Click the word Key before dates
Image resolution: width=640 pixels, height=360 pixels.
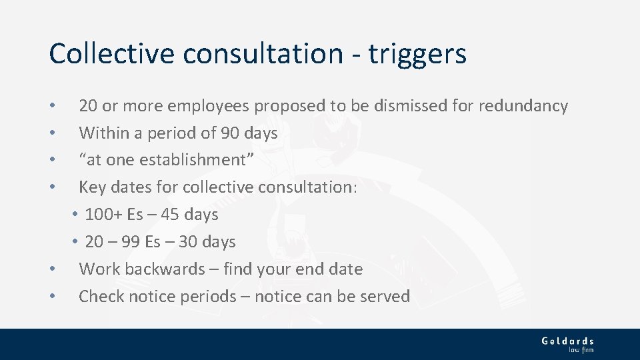click(x=92, y=187)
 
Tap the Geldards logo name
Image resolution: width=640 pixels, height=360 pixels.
click(x=567, y=341)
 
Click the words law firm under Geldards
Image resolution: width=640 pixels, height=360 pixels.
click(x=581, y=349)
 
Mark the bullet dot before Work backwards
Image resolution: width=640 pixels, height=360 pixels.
click(x=52, y=270)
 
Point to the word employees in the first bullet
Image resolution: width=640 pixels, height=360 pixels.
click(x=210, y=107)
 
